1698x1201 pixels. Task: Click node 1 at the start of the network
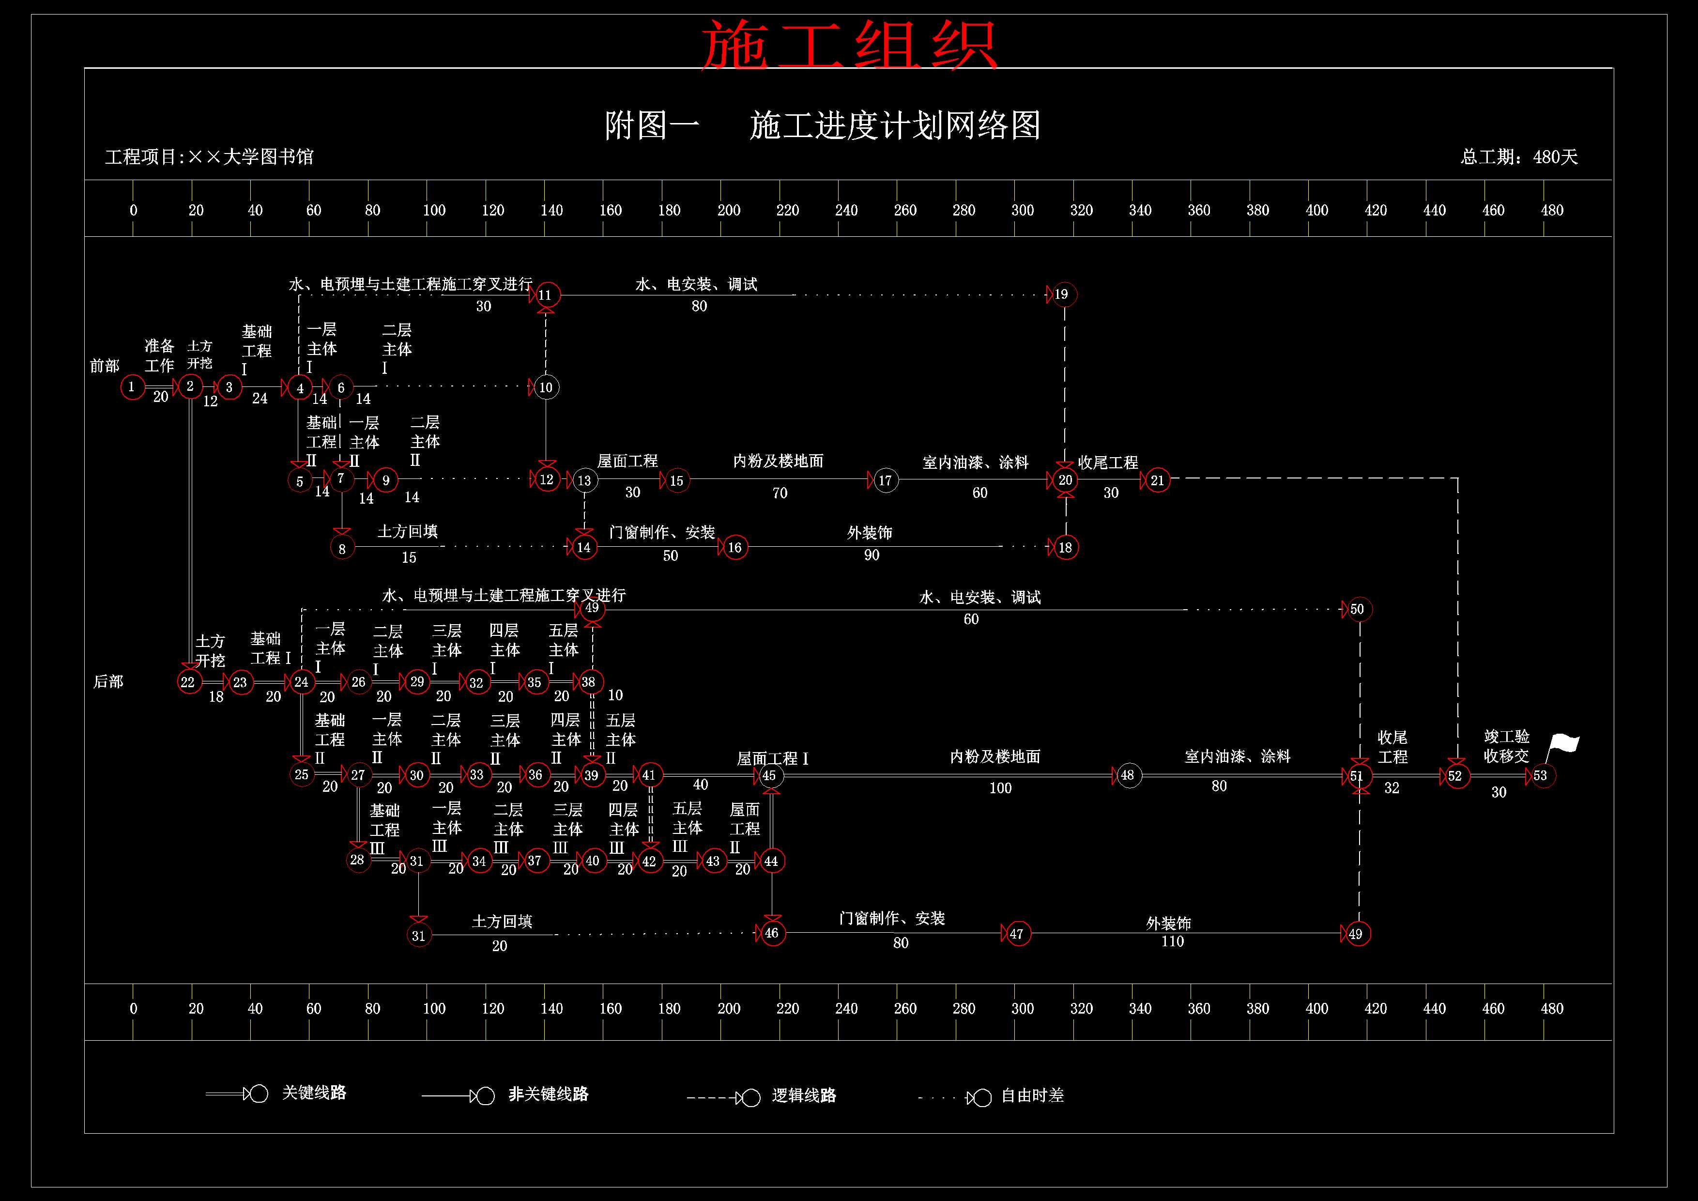point(132,387)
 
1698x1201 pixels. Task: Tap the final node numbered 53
point(1543,776)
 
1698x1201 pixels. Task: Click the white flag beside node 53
point(1562,747)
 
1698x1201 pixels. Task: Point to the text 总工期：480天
point(1519,157)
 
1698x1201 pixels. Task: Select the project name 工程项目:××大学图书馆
point(209,157)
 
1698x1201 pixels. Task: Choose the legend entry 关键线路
point(314,1093)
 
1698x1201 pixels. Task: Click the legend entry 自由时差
point(1032,1095)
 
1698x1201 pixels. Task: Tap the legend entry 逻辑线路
point(804,1095)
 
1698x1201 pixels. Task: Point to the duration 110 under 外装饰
point(1172,941)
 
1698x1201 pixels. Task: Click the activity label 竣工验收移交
point(1506,746)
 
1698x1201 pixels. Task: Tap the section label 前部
point(104,365)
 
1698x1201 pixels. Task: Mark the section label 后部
point(108,681)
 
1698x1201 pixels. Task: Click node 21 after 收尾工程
point(1157,480)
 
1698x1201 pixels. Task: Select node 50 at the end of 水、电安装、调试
point(1358,609)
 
